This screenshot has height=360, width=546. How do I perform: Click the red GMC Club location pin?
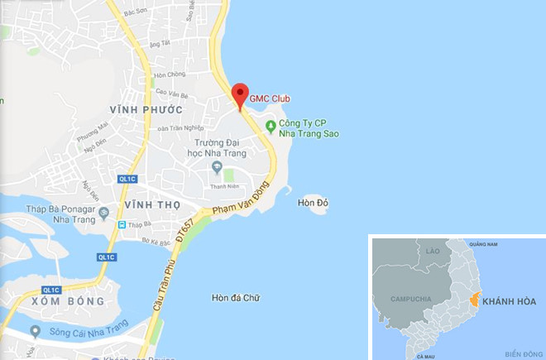[x=239, y=95]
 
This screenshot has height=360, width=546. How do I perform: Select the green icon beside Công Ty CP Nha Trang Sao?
[x=270, y=126]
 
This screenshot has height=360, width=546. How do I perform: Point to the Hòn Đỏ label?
[x=313, y=200]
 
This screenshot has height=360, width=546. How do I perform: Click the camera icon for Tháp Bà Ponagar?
[x=103, y=214]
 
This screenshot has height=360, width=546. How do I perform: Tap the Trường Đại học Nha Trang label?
[x=217, y=147]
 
